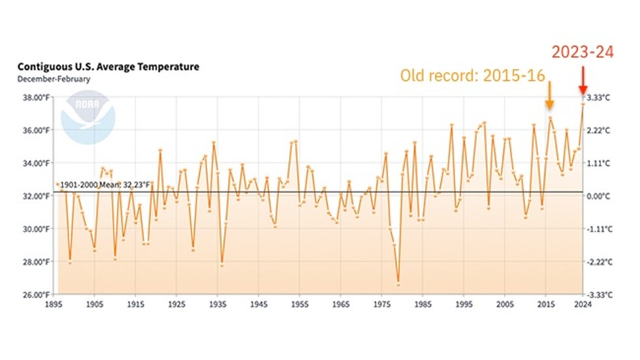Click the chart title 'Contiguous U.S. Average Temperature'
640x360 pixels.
[x=108, y=67]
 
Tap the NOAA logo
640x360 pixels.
[x=88, y=117]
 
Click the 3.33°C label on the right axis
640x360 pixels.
[x=600, y=97]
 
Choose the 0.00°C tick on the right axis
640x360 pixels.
[x=600, y=196]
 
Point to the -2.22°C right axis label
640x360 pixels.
[x=599, y=262]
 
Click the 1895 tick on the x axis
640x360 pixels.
[x=54, y=304]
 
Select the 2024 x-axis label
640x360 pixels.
[x=583, y=304]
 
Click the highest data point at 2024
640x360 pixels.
[x=583, y=104]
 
